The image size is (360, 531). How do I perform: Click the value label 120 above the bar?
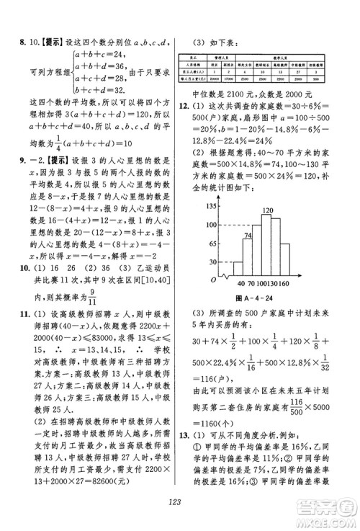(x=268, y=211)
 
